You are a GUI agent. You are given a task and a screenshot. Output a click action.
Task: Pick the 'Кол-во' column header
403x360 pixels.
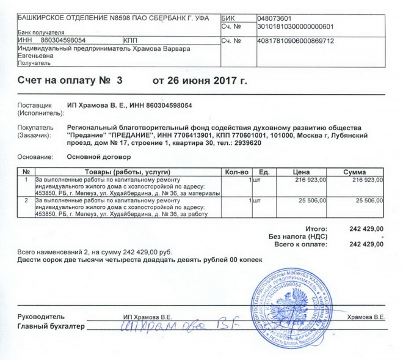click(x=236, y=172)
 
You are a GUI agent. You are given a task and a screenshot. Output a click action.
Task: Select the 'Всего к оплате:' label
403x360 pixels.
click(x=300, y=244)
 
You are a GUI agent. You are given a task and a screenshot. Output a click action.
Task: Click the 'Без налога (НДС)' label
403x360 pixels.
click(x=299, y=236)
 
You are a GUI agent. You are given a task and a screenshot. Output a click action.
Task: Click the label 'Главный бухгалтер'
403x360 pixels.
click(x=49, y=327)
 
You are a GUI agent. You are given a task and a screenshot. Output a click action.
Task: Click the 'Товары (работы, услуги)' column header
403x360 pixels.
click(x=126, y=172)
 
